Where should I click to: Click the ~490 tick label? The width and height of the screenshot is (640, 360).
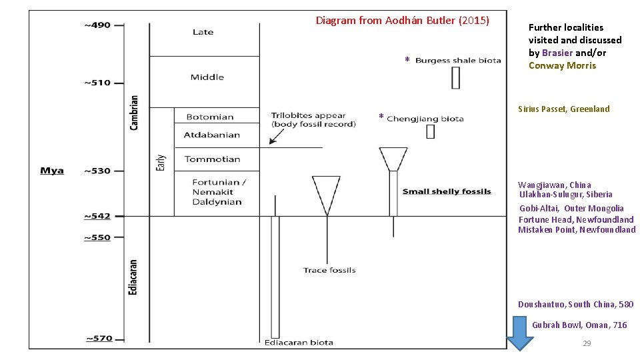point(97,25)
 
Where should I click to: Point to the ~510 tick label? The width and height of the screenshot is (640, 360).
point(97,83)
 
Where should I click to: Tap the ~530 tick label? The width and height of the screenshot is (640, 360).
point(97,171)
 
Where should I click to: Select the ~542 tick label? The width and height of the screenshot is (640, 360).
point(97,216)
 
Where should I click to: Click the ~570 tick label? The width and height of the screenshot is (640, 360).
point(99,339)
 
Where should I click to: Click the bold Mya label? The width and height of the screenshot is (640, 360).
point(52,171)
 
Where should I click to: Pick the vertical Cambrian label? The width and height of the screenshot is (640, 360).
point(135,112)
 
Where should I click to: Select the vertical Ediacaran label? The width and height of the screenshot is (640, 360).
point(133,277)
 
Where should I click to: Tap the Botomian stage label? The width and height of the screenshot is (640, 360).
point(209,117)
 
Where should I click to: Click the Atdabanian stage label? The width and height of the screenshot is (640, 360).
point(211,135)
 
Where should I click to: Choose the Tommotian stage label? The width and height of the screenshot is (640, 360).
point(212,159)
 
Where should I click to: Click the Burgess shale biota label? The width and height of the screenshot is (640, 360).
point(458,61)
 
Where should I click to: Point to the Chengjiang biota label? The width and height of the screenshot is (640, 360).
point(425,119)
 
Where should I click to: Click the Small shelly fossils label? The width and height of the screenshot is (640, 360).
point(447,192)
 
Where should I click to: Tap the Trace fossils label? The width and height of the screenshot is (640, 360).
point(329,270)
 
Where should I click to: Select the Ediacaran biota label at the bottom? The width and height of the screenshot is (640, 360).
point(299,343)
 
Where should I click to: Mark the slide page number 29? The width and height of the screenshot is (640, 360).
point(587,343)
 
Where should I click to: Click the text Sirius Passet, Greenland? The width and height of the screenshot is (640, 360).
point(563,109)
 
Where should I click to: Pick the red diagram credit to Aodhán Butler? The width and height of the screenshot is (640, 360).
point(402,21)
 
